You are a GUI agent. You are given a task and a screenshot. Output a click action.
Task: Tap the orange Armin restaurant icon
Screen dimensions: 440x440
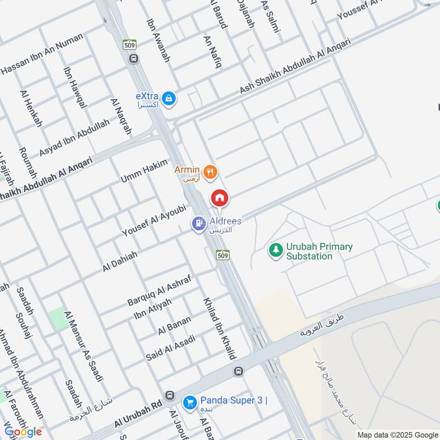pyautogui.click(x=210, y=173)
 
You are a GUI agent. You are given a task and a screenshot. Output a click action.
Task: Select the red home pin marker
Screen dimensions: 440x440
pyautogui.click(x=219, y=198)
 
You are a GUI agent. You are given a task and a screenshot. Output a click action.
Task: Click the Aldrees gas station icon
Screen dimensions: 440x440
pyautogui.click(x=199, y=223)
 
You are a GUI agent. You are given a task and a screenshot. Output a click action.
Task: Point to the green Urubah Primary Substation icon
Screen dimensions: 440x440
pyautogui.click(x=274, y=251)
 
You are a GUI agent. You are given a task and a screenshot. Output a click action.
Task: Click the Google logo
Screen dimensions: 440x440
pyautogui.click(x=23, y=432)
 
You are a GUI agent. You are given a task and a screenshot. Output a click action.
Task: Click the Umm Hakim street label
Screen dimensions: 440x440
pyautogui.click(x=144, y=172)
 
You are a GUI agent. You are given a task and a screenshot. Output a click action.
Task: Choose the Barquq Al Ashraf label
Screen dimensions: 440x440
pyautogui.click(x=159, y=290)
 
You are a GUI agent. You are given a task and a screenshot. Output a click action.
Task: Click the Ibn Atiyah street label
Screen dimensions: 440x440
pyautogui.click(x=153, y=310)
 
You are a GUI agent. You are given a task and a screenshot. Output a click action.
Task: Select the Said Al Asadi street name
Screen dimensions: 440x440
pyautogui.click(x=168, y=346)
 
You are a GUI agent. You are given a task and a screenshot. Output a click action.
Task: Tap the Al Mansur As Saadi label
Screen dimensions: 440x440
pyautogui.click(x=84, y=345)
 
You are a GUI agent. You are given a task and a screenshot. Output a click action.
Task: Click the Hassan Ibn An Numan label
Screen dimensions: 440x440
pyautogui.click(x=42, y=54)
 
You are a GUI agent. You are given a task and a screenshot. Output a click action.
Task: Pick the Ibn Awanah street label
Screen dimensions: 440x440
pyautogui.click(x=158, y=41)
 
